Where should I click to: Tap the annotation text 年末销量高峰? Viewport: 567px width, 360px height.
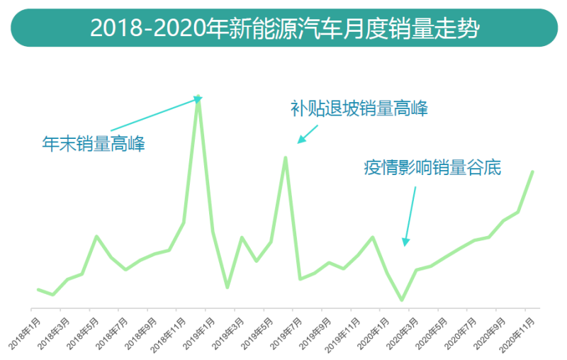pyautogui.click(x=93, y=144)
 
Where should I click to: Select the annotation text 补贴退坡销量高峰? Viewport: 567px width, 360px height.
pyautogui.click(x=359, y=109)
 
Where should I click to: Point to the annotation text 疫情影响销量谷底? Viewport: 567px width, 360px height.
pyautogui.click(x=432, y=168)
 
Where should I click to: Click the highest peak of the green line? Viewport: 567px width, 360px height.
pyautogui.click(x=198, y=100)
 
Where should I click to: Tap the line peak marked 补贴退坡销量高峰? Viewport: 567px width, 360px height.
pyautogui.click(x=285, y=157)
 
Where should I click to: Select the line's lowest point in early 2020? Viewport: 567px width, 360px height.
pyautogui.click(x=402, y=300)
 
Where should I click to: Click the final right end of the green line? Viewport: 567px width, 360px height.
pyautogui.click(x=532, y=171)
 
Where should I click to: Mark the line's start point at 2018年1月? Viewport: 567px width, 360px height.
pyautogui.click(x=38, y=289)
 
